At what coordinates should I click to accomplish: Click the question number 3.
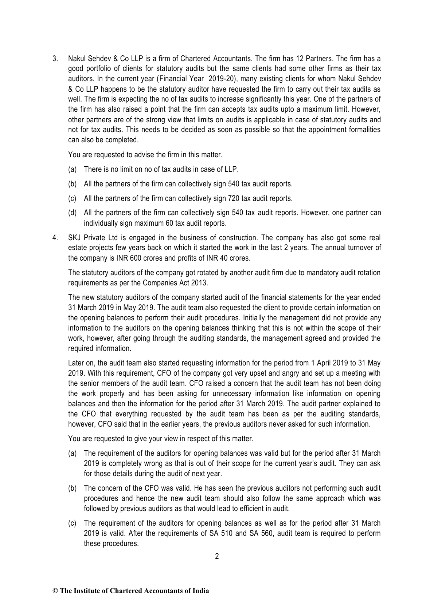click(x=55, y=59)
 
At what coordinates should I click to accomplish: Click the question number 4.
click(x=55, y=238)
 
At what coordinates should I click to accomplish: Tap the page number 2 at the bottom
click(x=217, y=556)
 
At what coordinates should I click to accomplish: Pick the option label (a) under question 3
click(x=73, y=169)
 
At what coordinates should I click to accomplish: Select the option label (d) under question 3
click(x=73, y=213)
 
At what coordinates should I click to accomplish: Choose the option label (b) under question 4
click(x=73, y=489)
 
